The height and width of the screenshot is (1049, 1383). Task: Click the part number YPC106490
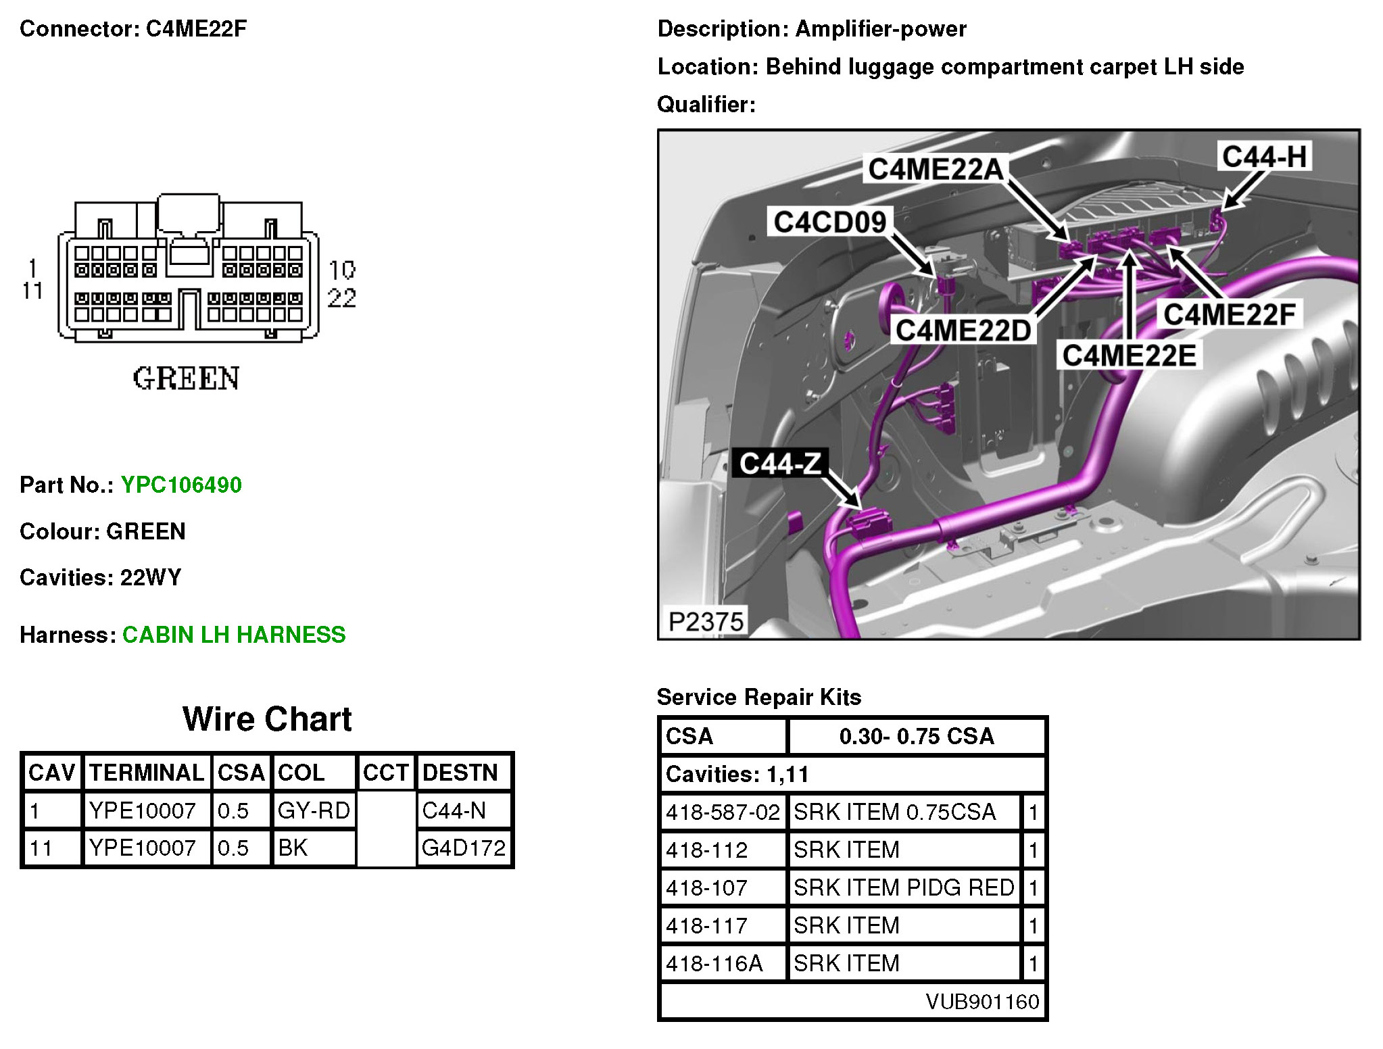point(181,485)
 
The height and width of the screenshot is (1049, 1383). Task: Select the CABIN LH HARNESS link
point(234,635)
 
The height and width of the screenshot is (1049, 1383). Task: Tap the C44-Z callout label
point(780,464)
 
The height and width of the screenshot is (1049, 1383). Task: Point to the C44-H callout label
point(1264,157)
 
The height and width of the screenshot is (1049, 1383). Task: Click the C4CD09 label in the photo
point(829,222)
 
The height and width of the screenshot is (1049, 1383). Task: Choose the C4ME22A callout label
point(936,169)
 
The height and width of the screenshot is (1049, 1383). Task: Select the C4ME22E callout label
point(1129,356)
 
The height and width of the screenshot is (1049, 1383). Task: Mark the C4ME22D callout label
point(963,331)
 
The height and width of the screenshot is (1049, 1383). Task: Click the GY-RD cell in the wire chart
point(314,810)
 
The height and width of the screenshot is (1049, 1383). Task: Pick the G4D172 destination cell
point(464,848)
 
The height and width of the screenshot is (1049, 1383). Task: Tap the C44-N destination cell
point(454,810)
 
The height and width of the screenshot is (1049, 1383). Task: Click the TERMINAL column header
point(147,773)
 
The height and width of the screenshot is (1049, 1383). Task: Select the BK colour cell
point(293,848)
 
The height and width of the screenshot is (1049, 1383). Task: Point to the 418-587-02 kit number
point(723,812)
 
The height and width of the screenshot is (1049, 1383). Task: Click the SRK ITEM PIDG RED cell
point(904,887)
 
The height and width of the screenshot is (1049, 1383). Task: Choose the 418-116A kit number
point(714,963)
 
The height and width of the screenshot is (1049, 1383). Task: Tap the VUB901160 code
point(982,1001)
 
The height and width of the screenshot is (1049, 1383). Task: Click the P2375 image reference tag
point(706,621)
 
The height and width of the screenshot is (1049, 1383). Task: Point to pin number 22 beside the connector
point(341,298)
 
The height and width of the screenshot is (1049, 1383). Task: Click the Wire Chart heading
point(267,718)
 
